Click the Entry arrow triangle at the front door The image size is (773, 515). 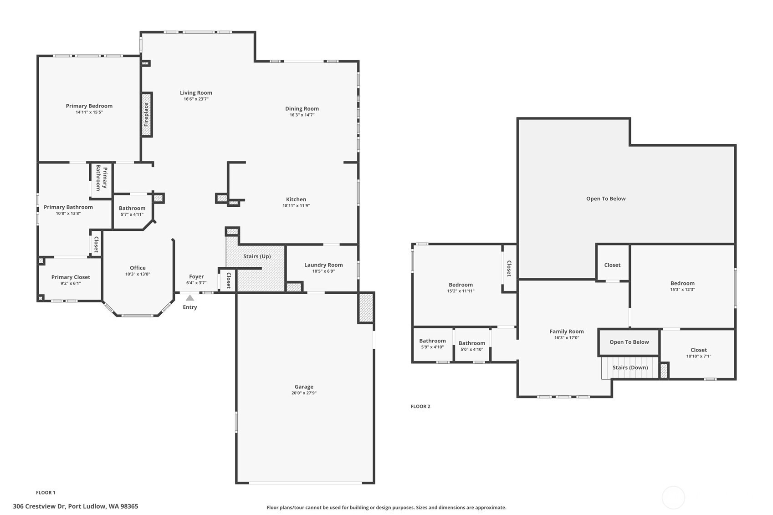pos(190,298)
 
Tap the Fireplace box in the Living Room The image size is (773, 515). pos(147,115)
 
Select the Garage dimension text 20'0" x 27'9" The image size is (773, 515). pos(304,393)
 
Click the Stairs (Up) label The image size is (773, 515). pos(257,256)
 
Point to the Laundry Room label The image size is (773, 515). pos(323,265)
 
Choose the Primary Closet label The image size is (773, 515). pos(71,277)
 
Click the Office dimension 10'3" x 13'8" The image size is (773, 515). pos(138,274)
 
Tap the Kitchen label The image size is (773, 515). pos(296,199)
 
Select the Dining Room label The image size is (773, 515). pos(302,109)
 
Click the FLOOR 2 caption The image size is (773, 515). pos(420,406)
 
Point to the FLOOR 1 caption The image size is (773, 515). pos(46,493)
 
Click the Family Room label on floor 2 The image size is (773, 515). pos(567,331)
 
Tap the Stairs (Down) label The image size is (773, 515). pos(630,367)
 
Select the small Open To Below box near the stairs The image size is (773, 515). pos(629,342)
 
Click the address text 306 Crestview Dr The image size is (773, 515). pos(39,506)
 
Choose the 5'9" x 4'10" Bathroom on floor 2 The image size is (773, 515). pos(432,344)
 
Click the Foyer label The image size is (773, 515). pos(196,277)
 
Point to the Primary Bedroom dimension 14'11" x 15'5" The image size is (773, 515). pos(89,112)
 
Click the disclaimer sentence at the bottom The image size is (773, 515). pos(386,507)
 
